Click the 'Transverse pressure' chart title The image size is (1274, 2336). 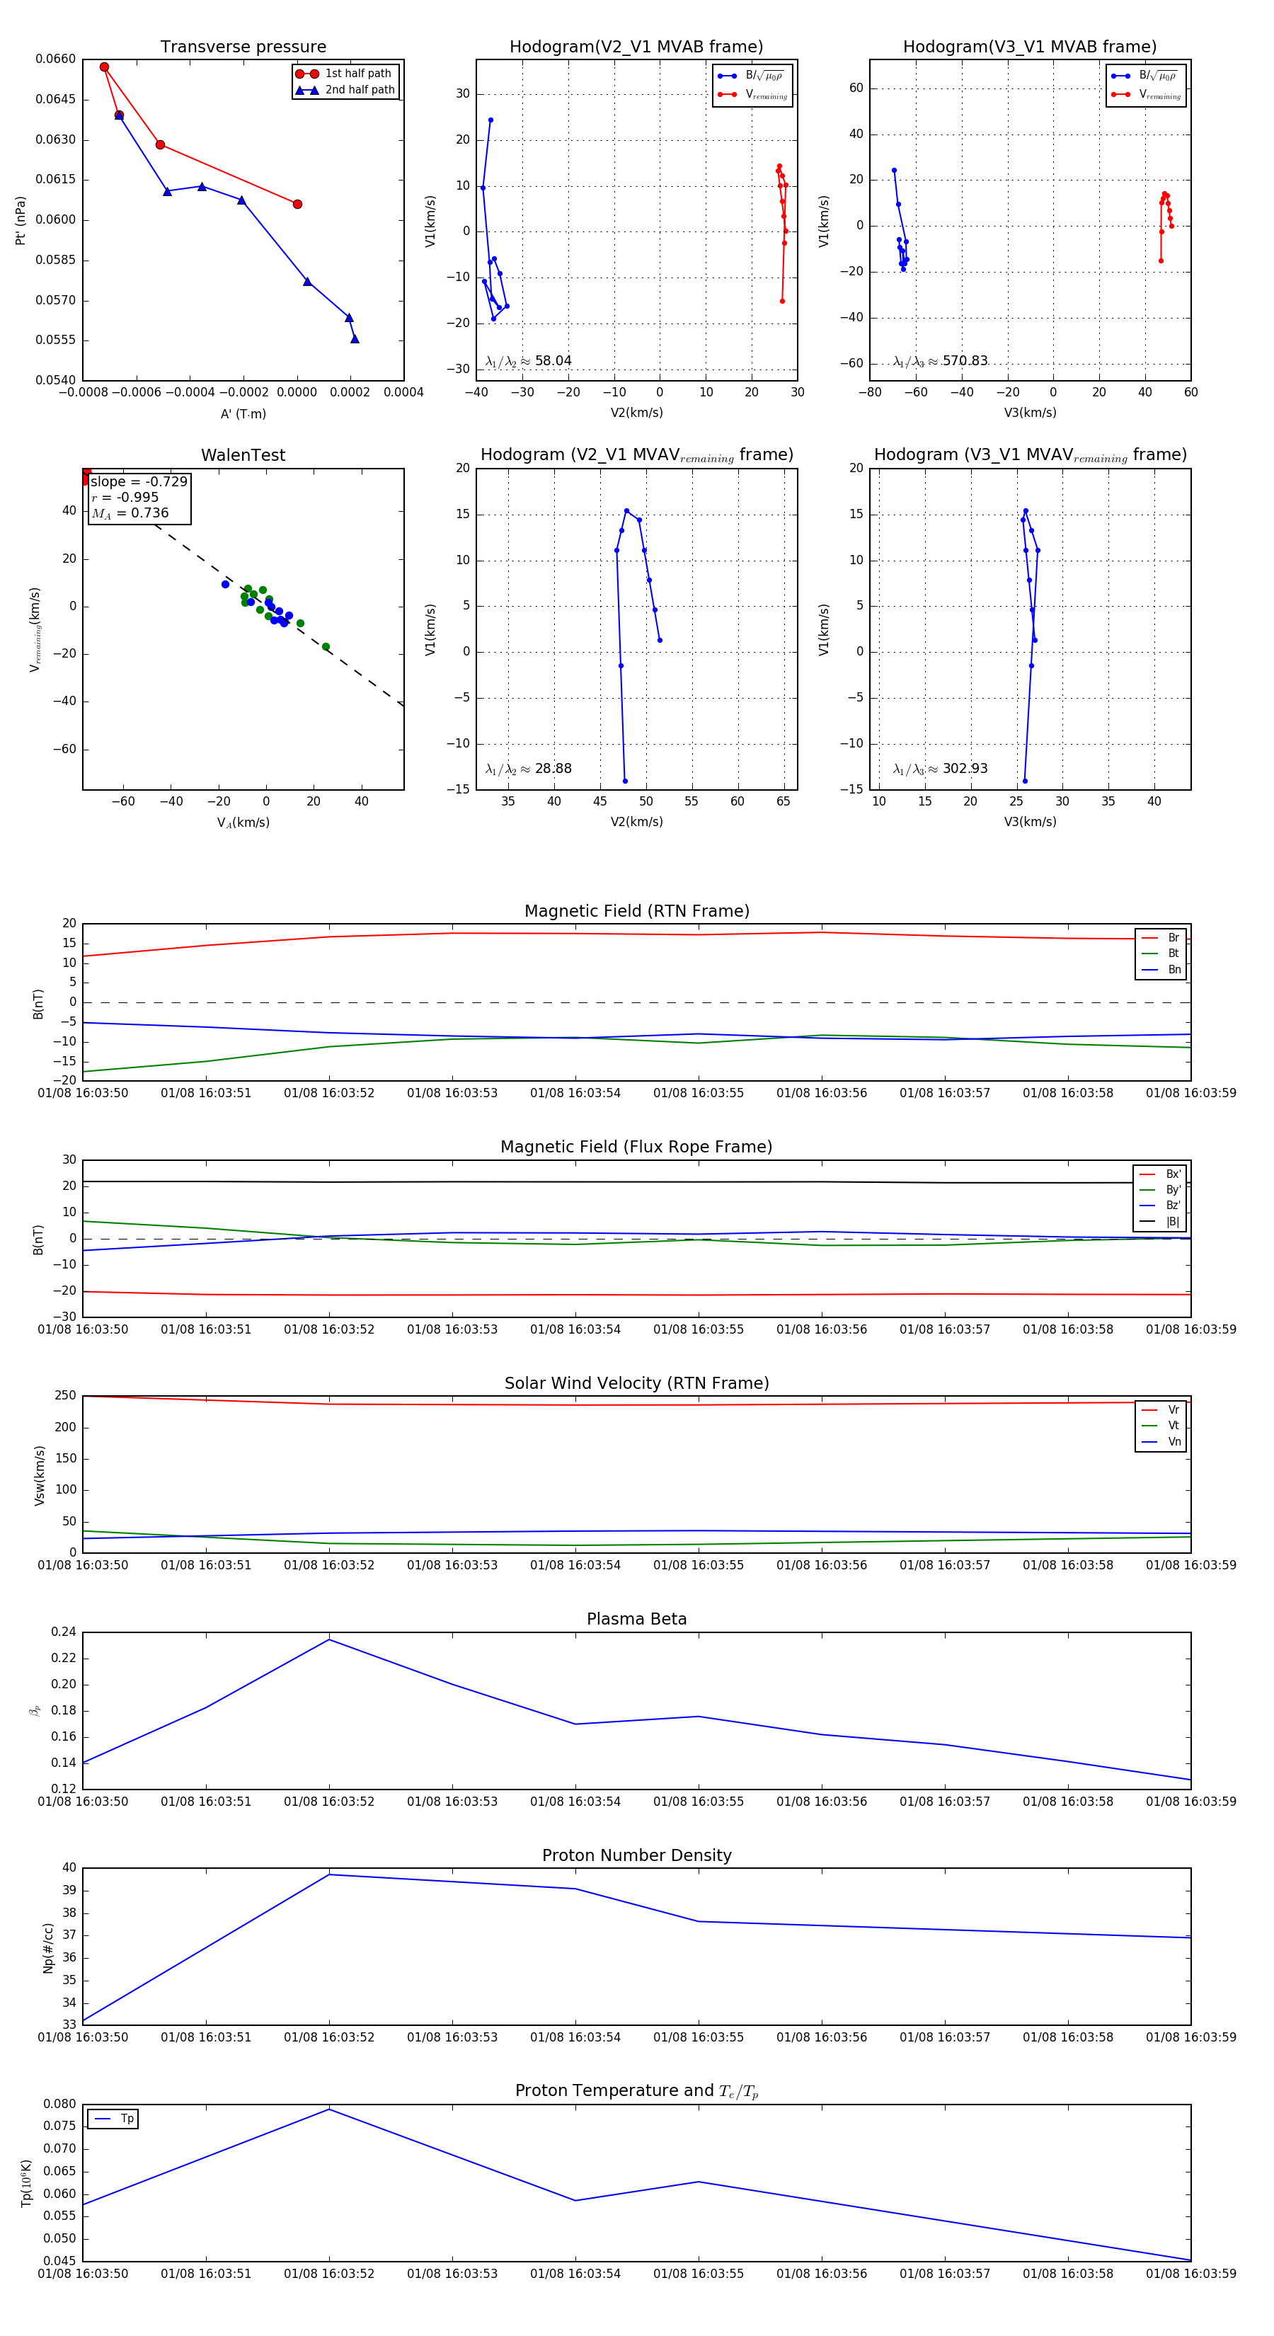tap(243, 47)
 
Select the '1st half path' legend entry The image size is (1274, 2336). tap(357, 74)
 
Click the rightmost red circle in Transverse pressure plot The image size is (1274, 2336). tap(297, 204)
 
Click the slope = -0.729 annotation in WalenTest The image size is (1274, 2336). tap(139, 481)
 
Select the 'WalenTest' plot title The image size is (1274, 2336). tap(243, 455)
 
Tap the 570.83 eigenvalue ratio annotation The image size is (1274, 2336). tap(964, 361)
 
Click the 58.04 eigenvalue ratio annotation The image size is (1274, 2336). tap(552, 361)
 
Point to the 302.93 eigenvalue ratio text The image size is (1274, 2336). tap(964, 769)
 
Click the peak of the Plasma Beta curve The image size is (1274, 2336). tap(329, 1639)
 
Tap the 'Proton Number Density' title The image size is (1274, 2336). tap(636, 1855)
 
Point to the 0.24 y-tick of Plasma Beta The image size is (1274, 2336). tap(64, 1632)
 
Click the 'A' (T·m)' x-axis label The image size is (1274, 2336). tap(243, 414)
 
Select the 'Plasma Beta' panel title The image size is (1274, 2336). tap(636, 1620)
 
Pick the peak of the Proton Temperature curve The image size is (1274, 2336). tap(329, 2109)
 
